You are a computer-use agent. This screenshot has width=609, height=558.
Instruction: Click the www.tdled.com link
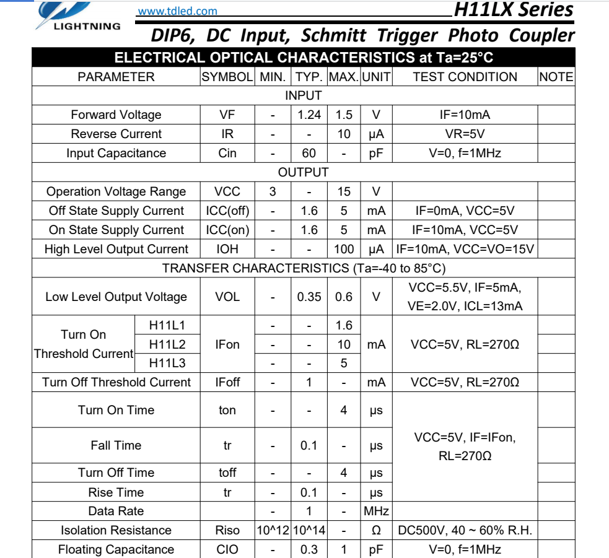(x=177, y=11)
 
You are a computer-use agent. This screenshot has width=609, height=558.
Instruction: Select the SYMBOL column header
(x=227, y=77)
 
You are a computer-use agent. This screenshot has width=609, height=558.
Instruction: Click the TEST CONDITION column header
(x=465, y=77)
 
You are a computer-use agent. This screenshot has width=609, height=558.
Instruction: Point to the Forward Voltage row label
(x=116, y=115)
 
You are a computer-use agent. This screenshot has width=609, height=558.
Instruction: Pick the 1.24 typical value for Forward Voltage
(x=309, y=115)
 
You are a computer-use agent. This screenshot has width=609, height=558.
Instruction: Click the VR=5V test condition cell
(x=465, y=134)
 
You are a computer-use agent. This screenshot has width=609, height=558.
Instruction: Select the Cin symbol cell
(x=227, y=153)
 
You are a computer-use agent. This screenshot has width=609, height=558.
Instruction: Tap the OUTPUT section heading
(x=303, y=172)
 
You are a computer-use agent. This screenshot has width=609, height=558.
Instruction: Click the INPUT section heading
(x=303, y=95)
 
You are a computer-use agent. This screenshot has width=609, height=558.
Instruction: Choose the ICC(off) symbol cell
(x=227, y=211)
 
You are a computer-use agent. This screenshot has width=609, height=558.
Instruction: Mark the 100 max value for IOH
(x=344, y=249)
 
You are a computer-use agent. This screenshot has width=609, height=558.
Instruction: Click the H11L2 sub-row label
(x=167, y=344)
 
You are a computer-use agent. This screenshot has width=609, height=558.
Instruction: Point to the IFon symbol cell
(x=227, y=344)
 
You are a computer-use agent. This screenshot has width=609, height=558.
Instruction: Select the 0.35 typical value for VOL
(x=309, y=297)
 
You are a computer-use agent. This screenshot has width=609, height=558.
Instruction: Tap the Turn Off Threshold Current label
(x=116, y=382)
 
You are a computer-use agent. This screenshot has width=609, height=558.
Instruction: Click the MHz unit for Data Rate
(x=376, y=511)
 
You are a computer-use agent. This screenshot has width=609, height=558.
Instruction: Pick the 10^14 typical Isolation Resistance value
(x=309, y=530)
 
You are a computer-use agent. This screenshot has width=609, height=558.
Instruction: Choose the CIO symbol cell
(x=227, y=549)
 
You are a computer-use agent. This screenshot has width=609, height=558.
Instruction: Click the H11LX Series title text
(x=513, y=10)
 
